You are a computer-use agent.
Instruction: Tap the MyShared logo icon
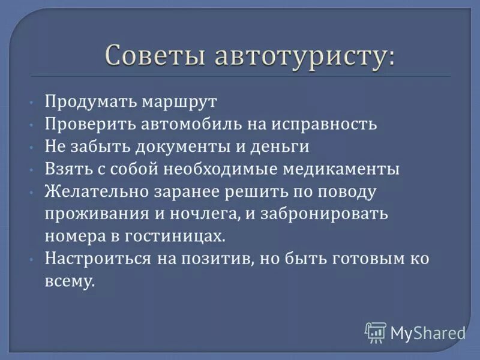pos(376,331)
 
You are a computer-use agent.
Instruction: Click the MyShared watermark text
pos(427,332)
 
